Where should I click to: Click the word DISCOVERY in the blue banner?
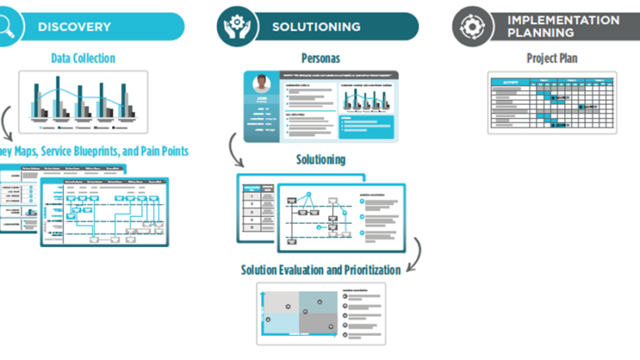[x=74, y=27]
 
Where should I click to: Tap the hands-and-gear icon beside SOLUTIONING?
[x=237, y=26]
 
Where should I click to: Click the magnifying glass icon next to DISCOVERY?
[x=6, y=27]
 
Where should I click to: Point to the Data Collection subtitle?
[x=82, y=58]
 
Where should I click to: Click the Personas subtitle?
[x=321, y=58]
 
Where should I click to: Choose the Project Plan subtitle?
[x=552, y=58]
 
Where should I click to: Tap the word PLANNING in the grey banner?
[x=540, y=33]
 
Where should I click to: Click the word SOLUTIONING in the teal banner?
[x=316, y=27]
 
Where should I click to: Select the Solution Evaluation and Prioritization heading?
[x=321, y=269]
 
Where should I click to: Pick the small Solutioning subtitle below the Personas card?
[x=321, y=159]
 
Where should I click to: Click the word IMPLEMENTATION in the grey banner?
[x=564, y=20]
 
